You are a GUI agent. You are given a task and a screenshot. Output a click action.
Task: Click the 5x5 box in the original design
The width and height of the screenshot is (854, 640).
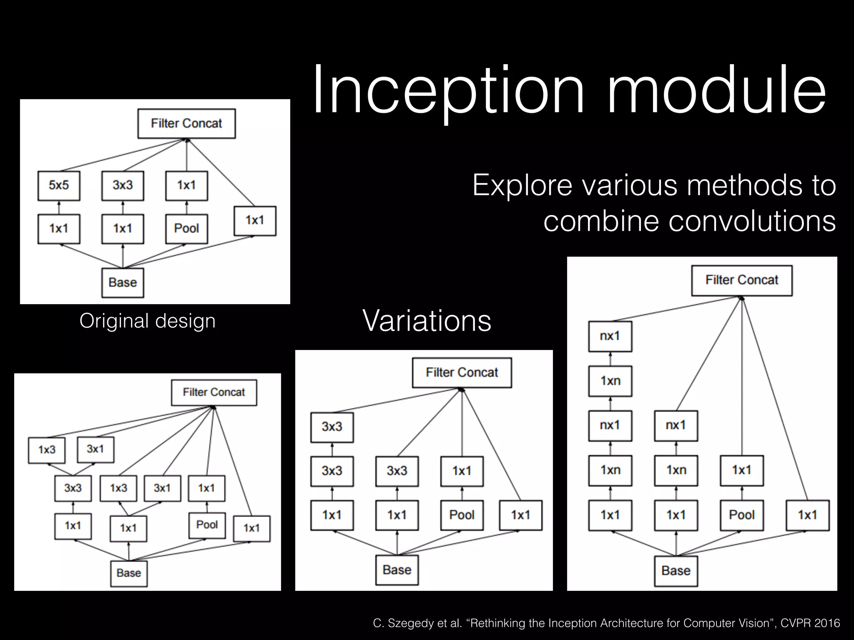point(59,185)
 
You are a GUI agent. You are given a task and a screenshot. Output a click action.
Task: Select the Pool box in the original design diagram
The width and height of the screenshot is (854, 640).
point(186,229)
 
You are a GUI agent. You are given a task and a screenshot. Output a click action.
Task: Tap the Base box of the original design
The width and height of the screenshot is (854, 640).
point(123,283)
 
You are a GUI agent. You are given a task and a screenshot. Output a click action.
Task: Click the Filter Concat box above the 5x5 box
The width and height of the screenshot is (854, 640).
point(186,124)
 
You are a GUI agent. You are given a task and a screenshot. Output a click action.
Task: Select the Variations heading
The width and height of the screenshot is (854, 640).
point(427,321)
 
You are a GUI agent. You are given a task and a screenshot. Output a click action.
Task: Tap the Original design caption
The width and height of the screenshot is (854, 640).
point(147,321)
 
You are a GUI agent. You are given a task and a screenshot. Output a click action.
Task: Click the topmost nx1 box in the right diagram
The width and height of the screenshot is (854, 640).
point(610,336)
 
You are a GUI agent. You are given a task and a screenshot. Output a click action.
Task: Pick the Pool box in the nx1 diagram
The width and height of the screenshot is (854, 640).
point(741,515)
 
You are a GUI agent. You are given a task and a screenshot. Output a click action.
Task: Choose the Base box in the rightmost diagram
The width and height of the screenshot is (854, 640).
point(676,571)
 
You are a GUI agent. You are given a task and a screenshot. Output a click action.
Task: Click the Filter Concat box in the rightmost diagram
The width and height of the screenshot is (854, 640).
point(741,280)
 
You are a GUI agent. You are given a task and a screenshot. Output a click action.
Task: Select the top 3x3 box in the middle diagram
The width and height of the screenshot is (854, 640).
point(332,427)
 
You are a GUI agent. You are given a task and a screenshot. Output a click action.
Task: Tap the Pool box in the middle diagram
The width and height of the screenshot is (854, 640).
point(462,515)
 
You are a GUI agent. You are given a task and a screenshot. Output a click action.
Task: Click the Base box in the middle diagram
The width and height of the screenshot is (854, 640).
point(397,570)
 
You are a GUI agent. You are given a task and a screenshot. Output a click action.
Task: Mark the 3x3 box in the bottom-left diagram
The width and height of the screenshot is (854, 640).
point(73,488)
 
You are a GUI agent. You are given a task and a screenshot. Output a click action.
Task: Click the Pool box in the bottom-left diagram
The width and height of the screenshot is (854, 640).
point(207,525)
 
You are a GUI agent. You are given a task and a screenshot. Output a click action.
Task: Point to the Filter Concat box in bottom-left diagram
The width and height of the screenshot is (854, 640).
point(213,392)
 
